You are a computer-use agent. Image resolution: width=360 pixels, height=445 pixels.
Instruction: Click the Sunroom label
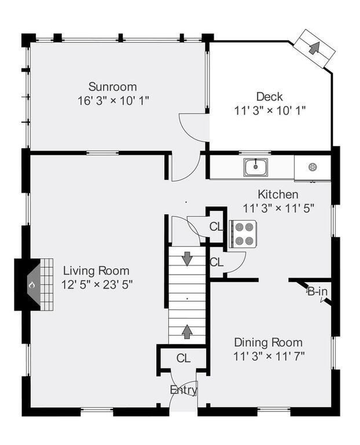click(x=112, y=86)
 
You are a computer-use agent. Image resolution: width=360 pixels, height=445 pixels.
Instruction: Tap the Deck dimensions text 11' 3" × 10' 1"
click(x=270, y=110)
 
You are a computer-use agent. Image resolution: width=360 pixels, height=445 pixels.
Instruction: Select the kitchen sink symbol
click(x=255, y=167)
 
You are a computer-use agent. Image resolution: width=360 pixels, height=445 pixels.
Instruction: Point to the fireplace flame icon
click(x=32, y=284)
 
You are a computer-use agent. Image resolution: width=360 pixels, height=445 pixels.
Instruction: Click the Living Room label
click(x=96, y=271)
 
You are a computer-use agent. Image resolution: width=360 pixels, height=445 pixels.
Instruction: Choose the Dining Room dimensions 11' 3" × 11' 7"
click(x=269, y=356)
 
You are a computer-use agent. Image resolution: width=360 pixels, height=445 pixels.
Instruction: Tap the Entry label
click(x=183, y=390)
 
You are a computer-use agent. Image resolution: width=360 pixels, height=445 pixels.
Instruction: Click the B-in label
click(x=318, y=291)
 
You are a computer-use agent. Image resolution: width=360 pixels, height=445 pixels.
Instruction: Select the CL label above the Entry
click(x=183, y=358)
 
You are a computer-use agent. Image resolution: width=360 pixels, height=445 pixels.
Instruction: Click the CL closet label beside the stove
click(x=216, y=227)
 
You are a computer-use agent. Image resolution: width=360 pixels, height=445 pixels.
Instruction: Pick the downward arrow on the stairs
click(x=187, y=258)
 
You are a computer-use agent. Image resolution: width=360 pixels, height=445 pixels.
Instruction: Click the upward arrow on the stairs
click(x=186, y=331)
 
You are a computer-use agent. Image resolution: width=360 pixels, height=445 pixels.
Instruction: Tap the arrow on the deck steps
click(x=314, y=48)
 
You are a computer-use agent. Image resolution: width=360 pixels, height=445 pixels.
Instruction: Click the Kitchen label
click(x=278, y=195)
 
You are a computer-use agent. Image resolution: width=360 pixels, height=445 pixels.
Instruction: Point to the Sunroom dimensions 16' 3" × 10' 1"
click(x=113, y=100)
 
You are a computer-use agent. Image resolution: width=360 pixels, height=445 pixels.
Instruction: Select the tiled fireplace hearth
click(x=46, y=284)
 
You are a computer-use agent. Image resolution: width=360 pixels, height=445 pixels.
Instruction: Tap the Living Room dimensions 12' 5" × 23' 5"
click(x=97, y=284)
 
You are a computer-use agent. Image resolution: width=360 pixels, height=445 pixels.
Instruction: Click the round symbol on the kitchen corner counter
click(x=313, y=167)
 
